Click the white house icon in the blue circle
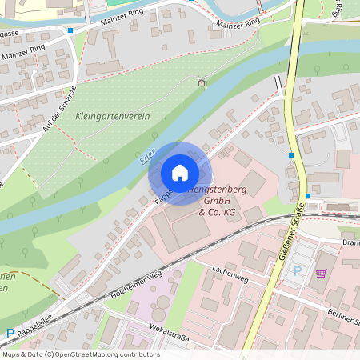(x=179, y=173)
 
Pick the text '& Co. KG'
(x=217, y=213)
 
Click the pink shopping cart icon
(x=321, y=273)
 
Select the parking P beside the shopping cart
(x=298, y=271)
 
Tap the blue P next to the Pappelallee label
(x=10, y=334)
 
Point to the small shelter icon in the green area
(x=201, y=80)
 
